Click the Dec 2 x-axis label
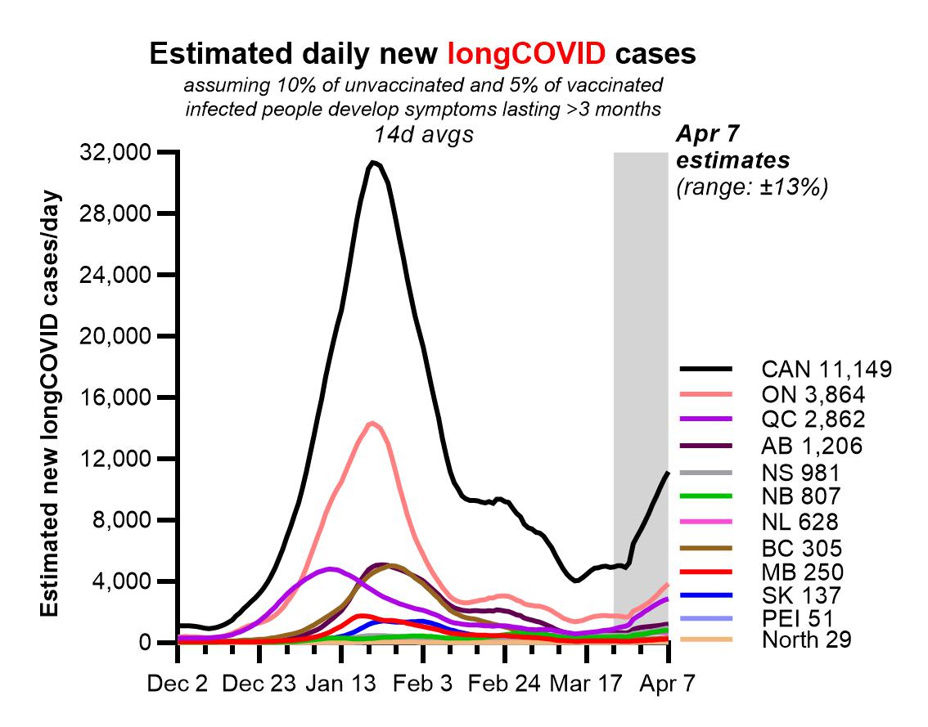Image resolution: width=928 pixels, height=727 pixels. pyautogui.click(x=177, y=684)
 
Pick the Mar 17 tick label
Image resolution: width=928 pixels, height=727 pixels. pyautogui.click(x=586, y=684)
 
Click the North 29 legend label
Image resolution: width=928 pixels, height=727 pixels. pyautogui.click(x=806, y=639)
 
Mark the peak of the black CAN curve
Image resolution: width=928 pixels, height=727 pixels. pyautogui.click(x=372, y=162)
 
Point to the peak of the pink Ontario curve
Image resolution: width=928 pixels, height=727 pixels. pyautogui.click(x=372, y=423)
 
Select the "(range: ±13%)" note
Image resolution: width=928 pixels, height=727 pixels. pyautogui.click(x=752, y=187)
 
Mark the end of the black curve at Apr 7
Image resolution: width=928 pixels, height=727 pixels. pyautogui.click(x=668, y=473)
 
